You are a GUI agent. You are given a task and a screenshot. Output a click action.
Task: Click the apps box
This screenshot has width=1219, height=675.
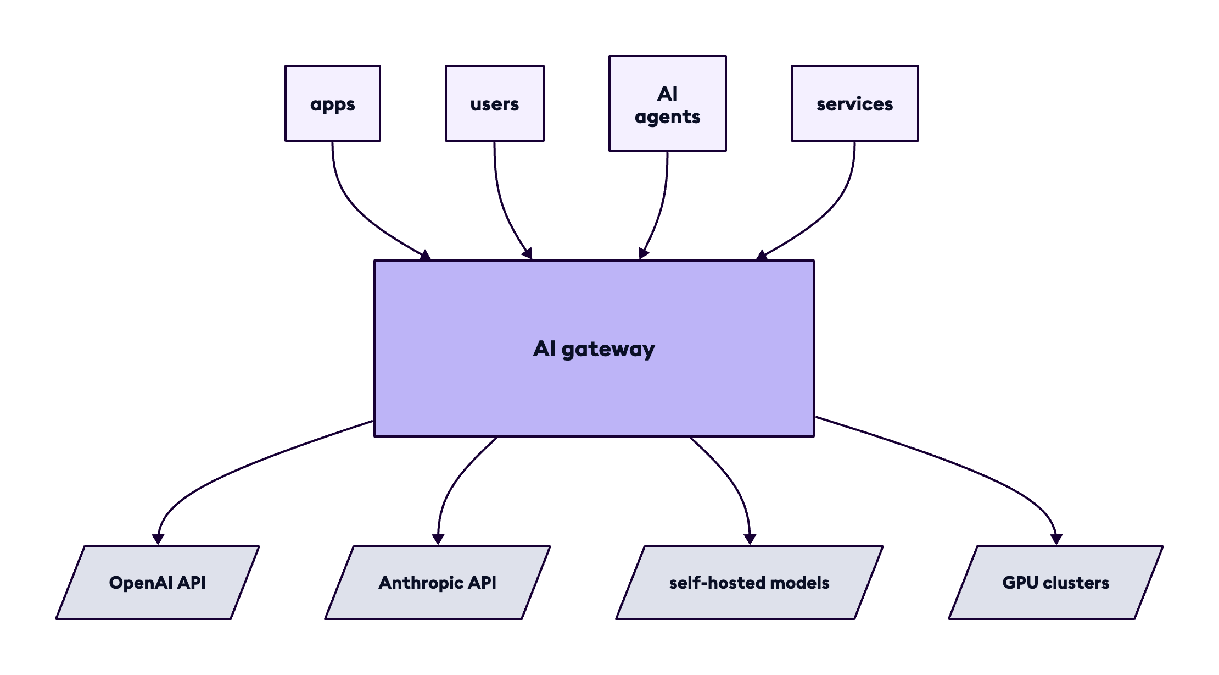point(333,103)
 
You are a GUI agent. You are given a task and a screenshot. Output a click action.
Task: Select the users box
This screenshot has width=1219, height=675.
point(494,103)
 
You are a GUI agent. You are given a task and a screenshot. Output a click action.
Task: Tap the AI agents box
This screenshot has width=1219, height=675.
point(667,103)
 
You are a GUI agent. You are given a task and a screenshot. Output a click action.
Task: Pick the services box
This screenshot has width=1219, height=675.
point(854,103)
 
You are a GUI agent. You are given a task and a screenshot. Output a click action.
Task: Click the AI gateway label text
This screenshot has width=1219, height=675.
point(594,349)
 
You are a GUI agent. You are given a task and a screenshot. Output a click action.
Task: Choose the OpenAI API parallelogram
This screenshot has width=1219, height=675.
point(158,583)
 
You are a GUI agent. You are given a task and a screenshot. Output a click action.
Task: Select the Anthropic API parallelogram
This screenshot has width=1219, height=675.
point(438,583)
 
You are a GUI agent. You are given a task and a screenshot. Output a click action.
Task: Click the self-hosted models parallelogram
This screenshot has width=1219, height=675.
point(750,583)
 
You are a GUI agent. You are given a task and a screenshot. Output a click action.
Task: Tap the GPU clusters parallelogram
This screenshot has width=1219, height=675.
point(1055,583)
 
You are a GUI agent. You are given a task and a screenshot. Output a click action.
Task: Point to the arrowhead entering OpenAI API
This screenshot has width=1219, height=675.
point(158,539)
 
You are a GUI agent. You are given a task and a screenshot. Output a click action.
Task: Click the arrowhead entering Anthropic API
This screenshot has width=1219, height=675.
point(438,539)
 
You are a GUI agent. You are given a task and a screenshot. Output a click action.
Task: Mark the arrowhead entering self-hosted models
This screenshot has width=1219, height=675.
point(750,539)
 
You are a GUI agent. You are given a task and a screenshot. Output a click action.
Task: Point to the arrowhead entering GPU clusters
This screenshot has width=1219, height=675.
point(1056,539)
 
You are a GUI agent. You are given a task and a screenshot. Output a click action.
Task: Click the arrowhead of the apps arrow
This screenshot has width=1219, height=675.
point(426,256)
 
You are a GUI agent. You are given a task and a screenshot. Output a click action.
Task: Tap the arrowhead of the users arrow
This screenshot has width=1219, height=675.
point(528,254)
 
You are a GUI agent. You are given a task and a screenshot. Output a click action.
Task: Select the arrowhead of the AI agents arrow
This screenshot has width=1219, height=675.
point(643,253)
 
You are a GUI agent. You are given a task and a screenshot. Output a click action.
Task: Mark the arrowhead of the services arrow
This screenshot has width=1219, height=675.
point(762,256)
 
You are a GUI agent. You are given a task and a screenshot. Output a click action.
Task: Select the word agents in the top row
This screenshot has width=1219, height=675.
point(667,117)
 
